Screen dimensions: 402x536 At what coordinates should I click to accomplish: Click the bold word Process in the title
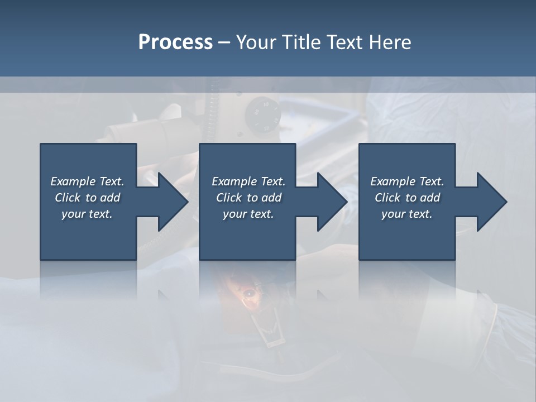pyautogui.click(x=175, y=42)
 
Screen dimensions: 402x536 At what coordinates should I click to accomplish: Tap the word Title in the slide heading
pyautogui.click(x=303, y=42)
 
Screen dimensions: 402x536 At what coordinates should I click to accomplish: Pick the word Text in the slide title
pyautogui.click(x=345, y=42)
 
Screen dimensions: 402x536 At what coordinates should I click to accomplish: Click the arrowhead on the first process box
pyautogui.click(x=167, y=202)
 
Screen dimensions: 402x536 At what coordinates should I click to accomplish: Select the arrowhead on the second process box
pyautogui.click(x=327, y=202)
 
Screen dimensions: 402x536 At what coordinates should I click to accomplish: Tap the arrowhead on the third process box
pyautogui.click(x=487, y=202)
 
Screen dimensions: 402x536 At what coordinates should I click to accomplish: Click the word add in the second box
pyautogui.click(x=271, y=198)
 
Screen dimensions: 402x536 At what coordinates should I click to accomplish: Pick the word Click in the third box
pyautogui.click(x=387, y=198)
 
